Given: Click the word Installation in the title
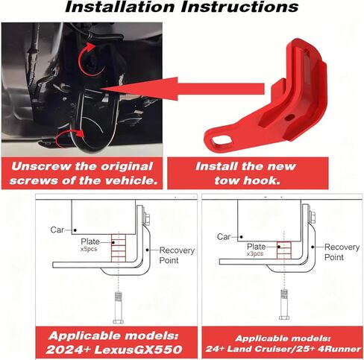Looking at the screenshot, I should coord(123,8).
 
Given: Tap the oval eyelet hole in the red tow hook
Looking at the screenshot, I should coord(222,138).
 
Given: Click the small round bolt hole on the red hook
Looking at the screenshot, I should coord(288,117).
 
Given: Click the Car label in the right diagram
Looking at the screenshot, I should coord(224,236).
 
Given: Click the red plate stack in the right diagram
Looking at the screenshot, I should coord(283,248).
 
